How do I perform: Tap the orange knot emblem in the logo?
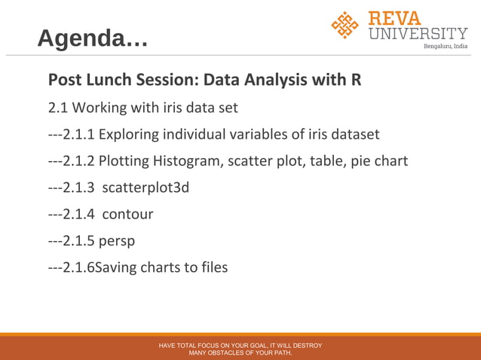coord(345,25)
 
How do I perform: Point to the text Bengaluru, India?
coord(445,47)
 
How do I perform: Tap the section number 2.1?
coord(58,108)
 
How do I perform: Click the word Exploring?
coord(130,135)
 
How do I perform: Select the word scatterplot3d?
coord(146,188)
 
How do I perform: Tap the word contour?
coord(127,214)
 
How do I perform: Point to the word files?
coord(211,267)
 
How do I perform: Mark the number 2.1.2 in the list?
coord(78,161)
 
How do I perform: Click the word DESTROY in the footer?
coord(305,346)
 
